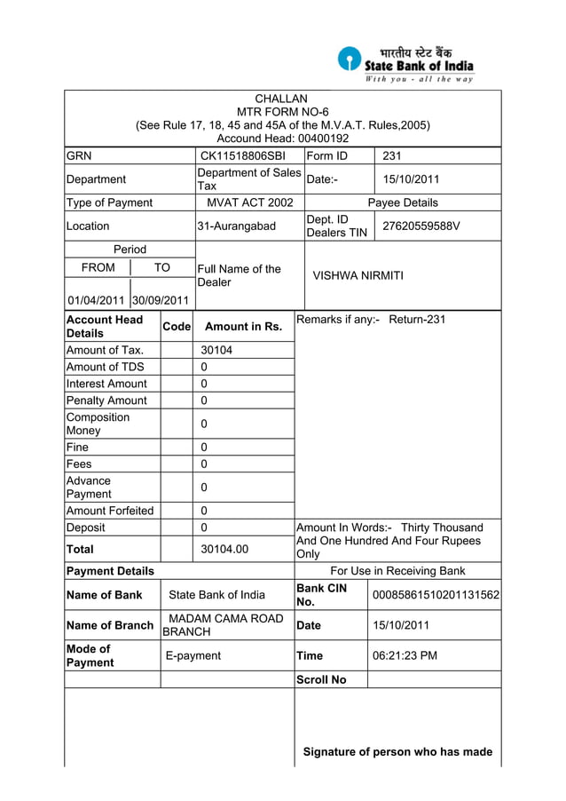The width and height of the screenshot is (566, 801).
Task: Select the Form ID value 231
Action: (392, 156)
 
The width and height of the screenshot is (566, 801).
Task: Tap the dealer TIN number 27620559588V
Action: (421, 226)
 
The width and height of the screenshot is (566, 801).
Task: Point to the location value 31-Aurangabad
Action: (236, 226)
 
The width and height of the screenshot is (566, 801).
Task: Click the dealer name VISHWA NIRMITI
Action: (358, 275)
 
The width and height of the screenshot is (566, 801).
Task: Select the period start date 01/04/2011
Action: (96, 300)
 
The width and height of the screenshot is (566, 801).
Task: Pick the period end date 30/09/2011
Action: (161, 300)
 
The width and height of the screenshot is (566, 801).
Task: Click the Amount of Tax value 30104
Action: (216, 350)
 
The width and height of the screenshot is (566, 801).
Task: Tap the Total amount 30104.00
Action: (224, 549)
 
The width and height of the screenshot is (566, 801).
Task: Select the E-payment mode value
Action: (194, 655)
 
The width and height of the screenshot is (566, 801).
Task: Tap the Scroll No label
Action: (321, 679)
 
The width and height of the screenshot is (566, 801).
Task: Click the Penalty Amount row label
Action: (106, 400)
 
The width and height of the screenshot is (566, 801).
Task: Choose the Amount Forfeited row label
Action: (110, 511)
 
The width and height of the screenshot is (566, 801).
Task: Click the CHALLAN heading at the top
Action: (281, 99)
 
